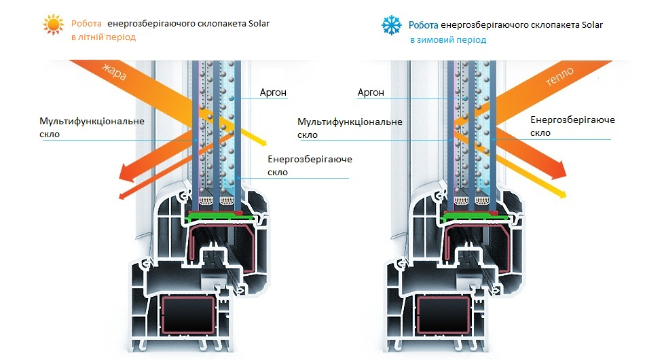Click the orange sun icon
pyautogui.click(x=54, y=24)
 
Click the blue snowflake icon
pyautogui.click(x=391, y=25)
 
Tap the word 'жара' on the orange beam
pyautogui.click(x=114, y=72)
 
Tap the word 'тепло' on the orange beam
pyautogui.click(x=559, y=77)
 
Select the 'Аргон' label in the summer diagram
pyautogui.click(x=273, y=92)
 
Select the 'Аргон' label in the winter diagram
pyautogui.click(x=371, y=92)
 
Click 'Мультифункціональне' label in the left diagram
pyautogui.click(x=92, y=121)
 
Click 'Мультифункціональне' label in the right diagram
pyautogui.click(x=350, y=122)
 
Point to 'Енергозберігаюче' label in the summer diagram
pyautogui.click(x=310, y=159)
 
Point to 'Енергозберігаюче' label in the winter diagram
pyautogui.click(x=572, y=120)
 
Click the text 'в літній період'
pyautogui.click(x=103, y=37)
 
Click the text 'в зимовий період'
pyautogui.click(x=448, y=40)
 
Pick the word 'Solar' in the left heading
pyautogui.click(x=259, y=23)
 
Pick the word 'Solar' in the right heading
pyautogui.click(x=592, y=24)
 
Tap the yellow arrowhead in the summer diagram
pyautogui.click(x=261, y=142)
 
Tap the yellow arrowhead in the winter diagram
pyautogui.click(x=561, y=194)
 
